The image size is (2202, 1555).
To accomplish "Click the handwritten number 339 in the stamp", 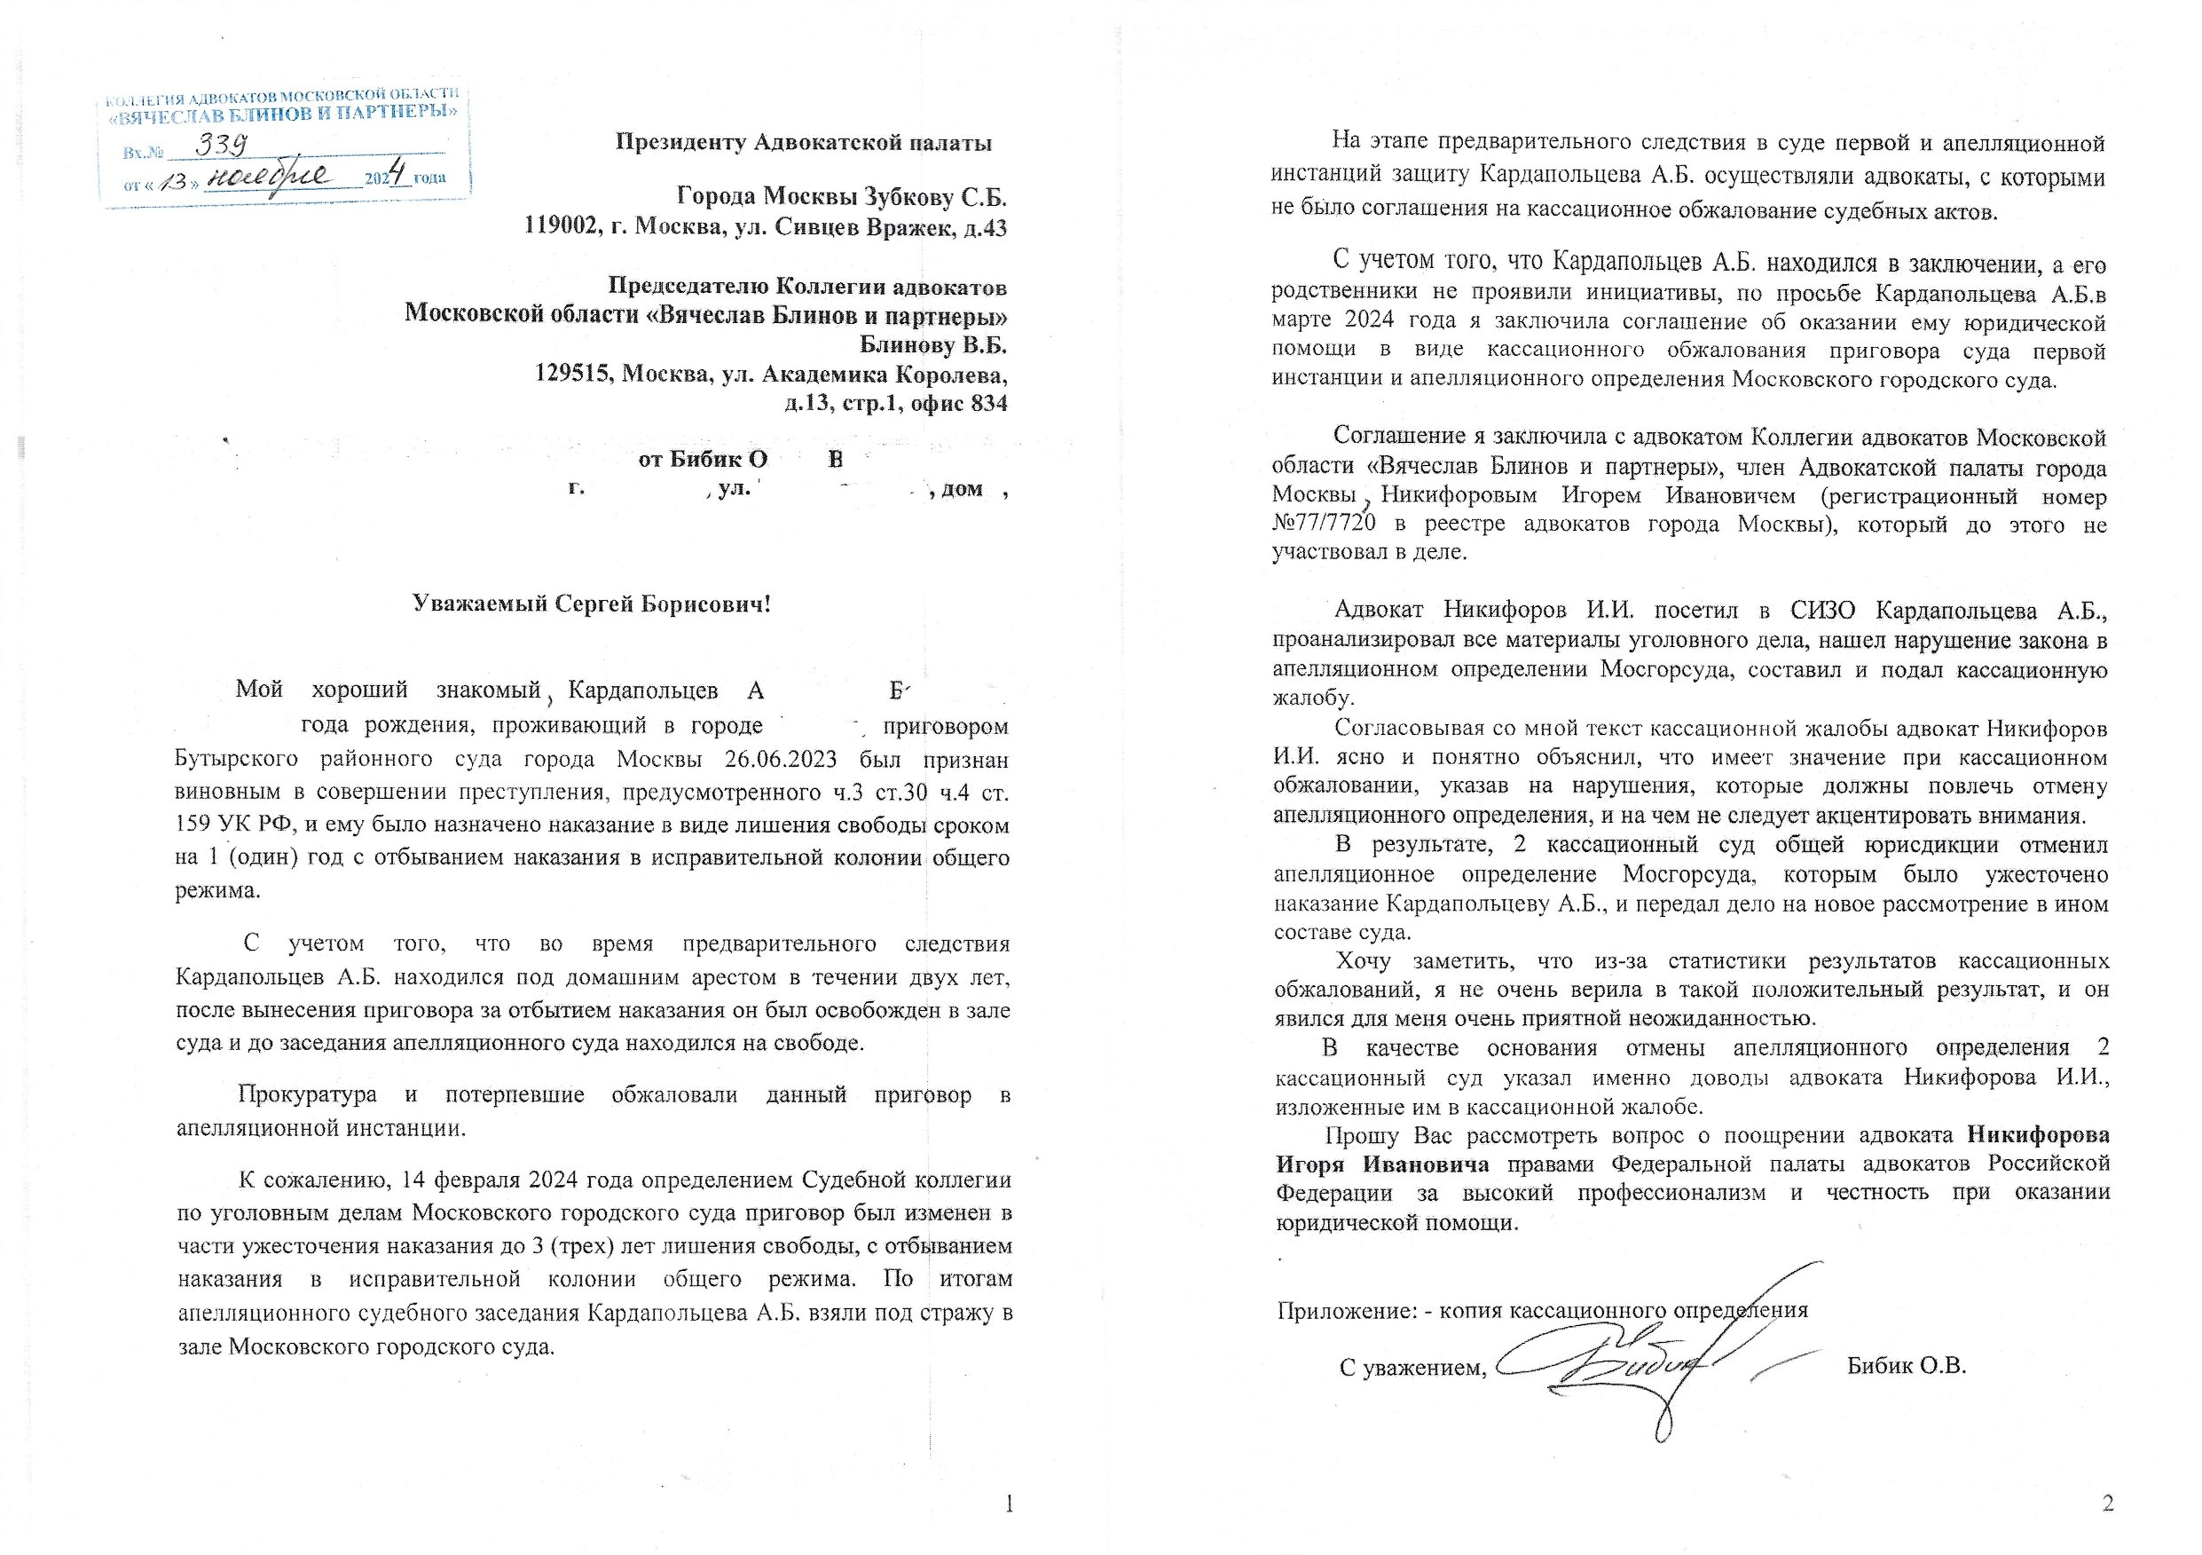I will tap(223, 145).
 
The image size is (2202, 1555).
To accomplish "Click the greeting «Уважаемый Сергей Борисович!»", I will tap(592, 604).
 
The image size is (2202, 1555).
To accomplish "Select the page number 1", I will tap(1008, 1504).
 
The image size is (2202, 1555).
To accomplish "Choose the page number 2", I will tap(2108, 1504).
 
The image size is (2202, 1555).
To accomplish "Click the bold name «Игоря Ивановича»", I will tap(1382, 1164).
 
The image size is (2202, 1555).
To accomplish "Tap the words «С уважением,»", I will tap(1412, 1367).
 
